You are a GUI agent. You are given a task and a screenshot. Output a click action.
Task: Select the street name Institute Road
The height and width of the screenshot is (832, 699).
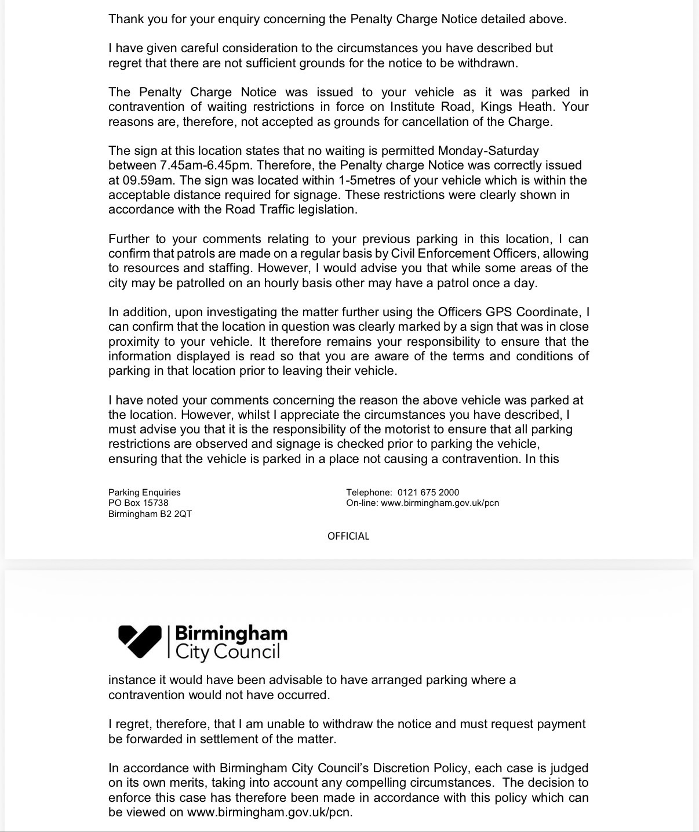click(429, 107)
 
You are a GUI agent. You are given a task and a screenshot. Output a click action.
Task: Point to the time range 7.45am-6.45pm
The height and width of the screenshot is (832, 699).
click(206, 165)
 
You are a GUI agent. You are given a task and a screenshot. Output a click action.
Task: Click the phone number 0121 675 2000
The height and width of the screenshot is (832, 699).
click(428, 493)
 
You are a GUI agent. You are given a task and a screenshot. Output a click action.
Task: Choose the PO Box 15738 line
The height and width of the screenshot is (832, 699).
click(139, 503)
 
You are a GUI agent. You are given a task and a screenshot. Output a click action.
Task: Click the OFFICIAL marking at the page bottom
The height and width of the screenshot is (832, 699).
click(348, 536)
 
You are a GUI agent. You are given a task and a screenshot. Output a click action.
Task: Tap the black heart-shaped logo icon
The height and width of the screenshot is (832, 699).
click(140, 641)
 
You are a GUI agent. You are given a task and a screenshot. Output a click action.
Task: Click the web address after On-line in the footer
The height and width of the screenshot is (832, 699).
click(440, 503)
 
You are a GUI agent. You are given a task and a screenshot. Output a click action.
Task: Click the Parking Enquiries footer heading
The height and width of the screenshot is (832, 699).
click(144, 493)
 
